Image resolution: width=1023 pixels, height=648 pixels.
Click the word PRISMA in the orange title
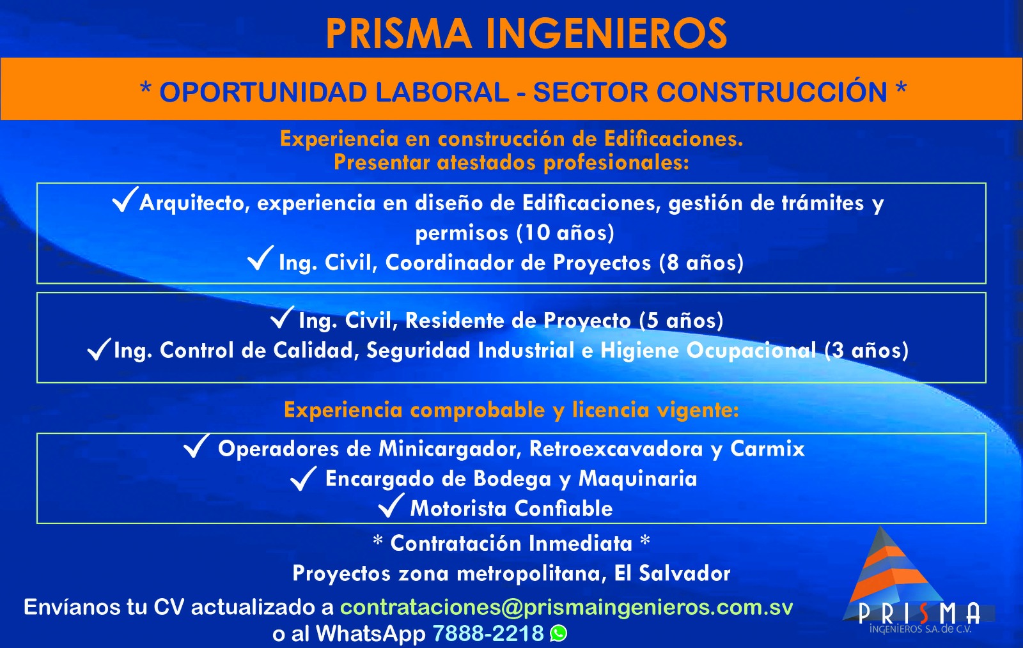click(x=398, y=34)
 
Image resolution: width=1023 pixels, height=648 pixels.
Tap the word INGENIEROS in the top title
click(x=607, y=34)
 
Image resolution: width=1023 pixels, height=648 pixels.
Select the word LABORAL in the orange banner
click(x=442, y=92)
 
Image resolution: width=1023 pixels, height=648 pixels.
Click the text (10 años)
click(x=565, y=233)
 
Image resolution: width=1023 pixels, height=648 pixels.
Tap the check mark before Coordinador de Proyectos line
click(x=260, y=258)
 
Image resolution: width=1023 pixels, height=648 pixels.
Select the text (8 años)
click(x=701, y=263)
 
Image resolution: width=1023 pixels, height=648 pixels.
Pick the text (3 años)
click(x=866, y=350)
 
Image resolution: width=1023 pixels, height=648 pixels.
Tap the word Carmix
click(x=767, y=449)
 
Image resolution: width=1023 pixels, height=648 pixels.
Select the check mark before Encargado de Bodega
click(x=303, y=478)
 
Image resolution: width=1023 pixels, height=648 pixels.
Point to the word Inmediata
click(x=581, y=543)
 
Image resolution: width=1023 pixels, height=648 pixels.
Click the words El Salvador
click(x=672, y=573)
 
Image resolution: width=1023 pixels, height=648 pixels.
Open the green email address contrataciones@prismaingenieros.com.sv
click(x=566, y=607)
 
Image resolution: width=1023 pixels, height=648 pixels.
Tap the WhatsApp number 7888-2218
click(x=488, y=633)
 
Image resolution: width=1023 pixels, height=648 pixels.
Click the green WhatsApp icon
click(x=559, y=633)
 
